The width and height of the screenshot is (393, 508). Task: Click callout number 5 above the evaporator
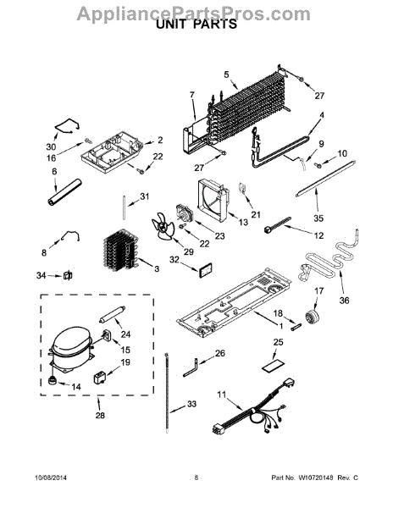(226, 75)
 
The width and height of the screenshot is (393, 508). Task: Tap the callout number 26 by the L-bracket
(219, 353)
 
